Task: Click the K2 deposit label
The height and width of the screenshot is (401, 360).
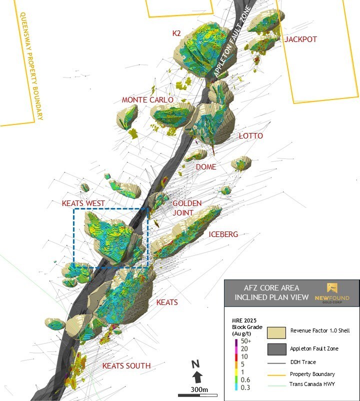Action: pyautogui.click(x=176, y=33)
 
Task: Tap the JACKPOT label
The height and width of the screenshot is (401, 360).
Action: pyautogui.click(x=300, y=39)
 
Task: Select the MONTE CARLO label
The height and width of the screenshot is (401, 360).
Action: pyautogui.click(x=147, y=100)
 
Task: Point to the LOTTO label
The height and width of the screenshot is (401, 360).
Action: pyautogui.click(x=250, y=136)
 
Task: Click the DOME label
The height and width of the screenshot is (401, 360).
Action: pyautogui.click(x=206, y=167)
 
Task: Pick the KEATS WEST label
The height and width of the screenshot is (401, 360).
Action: pyautogui.click(x=83, y=203)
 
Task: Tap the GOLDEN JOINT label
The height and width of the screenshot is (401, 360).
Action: pyautogui.click(x=186, y=207)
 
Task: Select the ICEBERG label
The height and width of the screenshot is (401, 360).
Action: pyautogui.click(x=223, y=234)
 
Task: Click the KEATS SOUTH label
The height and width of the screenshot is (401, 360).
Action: pyautogui.click(x=126, y=366)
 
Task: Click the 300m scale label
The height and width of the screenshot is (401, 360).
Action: pyautogui.click(x=198, y=389)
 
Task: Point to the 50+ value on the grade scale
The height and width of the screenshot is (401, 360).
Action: pyautogui.click(x=245, y=341)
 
